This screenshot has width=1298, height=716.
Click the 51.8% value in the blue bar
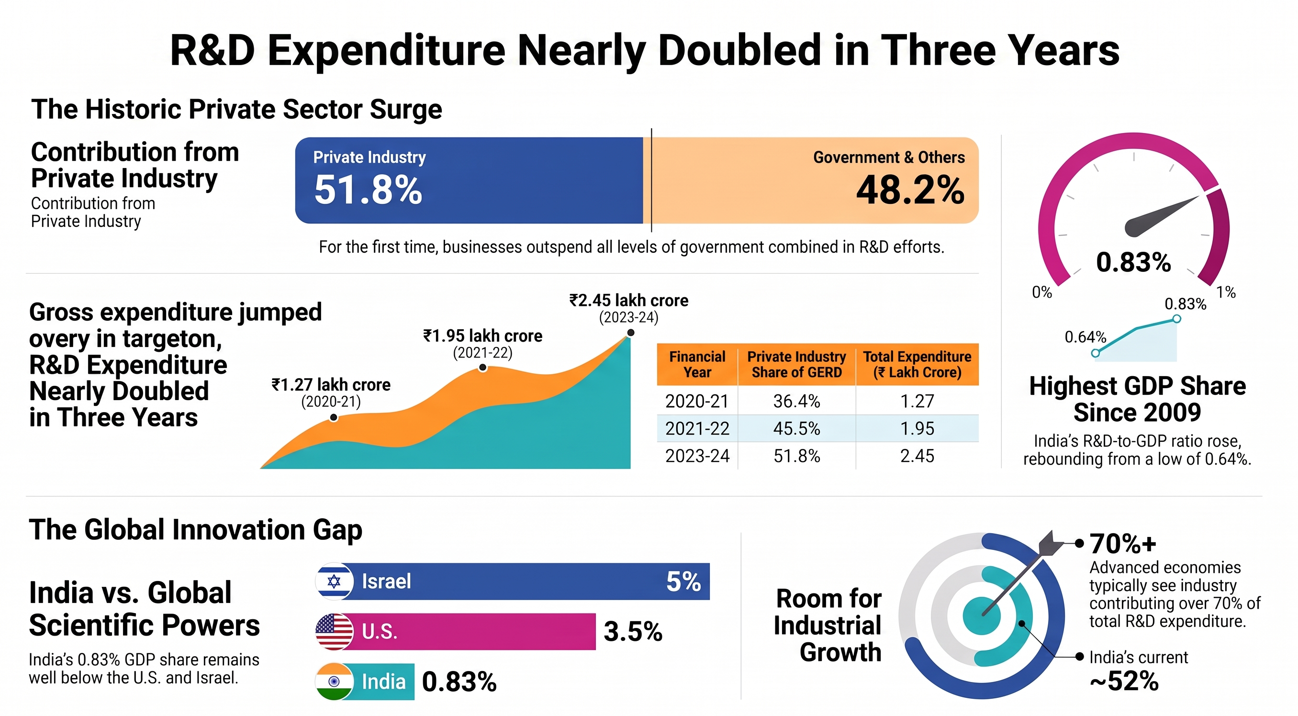click(368, 190)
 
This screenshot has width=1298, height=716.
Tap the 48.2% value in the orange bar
click(910, 190)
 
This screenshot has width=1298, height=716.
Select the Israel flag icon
click(334, 581)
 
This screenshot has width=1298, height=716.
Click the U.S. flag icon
click(334, 631)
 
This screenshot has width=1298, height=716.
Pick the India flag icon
click(334, 682)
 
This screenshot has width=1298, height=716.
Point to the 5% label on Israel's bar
click(683, 582)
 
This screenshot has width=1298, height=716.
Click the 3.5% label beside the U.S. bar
click(633, 631)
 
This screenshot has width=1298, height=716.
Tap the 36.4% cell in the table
click(796, 401)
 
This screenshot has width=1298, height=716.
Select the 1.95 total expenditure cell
click(917, 428)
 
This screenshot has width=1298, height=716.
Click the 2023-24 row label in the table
click(697, 456)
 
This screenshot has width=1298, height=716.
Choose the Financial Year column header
click(697, 364)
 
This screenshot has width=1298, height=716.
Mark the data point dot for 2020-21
click(334, 418)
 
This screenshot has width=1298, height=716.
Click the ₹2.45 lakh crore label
click(629, 300)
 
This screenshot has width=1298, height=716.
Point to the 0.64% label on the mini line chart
click(1085, 336)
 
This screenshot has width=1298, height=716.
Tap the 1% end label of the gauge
click(1226, 292)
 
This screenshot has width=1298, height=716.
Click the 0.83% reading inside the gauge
click(1133, 262)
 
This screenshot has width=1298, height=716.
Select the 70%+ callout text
click(1123, 544)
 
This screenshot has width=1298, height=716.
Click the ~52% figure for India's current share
click(1124, 681)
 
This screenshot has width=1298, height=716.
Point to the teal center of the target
click(981, 615)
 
